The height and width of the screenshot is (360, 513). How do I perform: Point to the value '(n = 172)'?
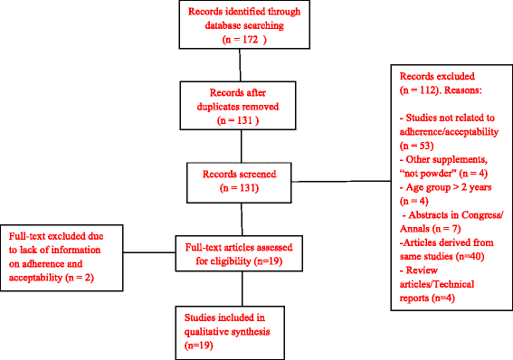pos(240,41)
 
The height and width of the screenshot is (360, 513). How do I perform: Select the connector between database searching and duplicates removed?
pos(239,67)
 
